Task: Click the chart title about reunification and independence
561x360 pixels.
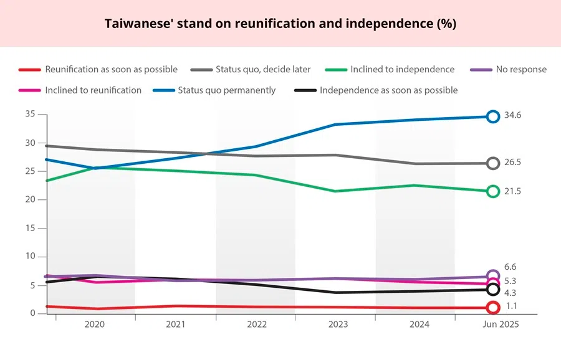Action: (280, 24)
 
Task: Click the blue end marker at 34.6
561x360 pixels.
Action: (493, 116)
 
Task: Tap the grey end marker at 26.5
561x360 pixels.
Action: (493, 163)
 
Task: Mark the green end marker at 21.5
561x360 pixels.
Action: (493, 191)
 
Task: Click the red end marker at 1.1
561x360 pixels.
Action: (493, 307)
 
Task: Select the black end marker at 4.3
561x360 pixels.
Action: (493, 289)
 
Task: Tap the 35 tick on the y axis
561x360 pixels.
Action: (30, 114)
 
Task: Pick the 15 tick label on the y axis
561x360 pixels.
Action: (30, 228)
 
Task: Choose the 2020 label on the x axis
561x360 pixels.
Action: (95, 324)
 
